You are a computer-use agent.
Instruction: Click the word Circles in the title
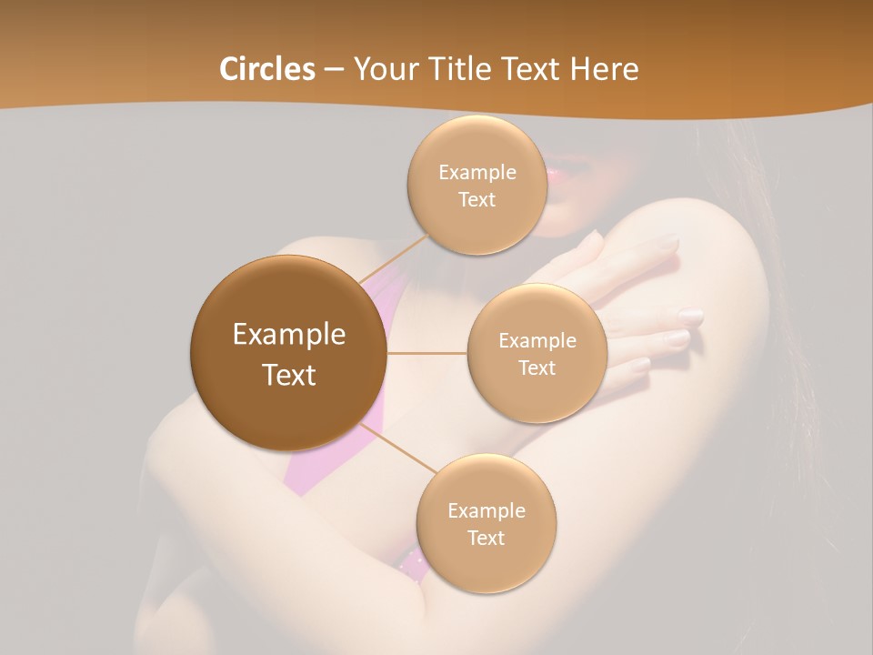click(266, 68)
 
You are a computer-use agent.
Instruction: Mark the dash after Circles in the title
click(334, 70)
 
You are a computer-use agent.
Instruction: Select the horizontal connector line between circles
click(426, 353)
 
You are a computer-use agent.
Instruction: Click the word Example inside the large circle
click(288, 334)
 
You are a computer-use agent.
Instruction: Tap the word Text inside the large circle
click(288, 375)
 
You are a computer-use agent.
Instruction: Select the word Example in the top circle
click(477, 172)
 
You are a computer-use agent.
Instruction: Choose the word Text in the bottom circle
click(486, 538)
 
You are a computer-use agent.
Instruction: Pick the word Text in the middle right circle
click(537, 368)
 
